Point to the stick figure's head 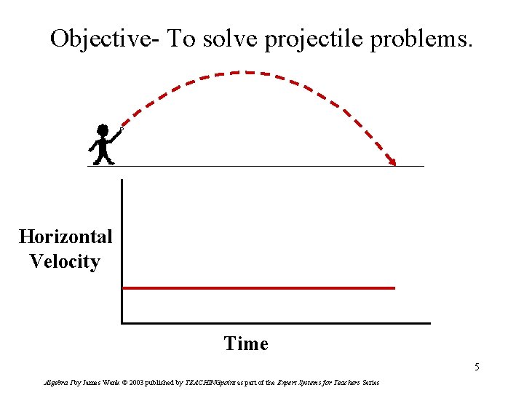103,131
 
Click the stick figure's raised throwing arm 115,135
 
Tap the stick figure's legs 103,155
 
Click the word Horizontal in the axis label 65,237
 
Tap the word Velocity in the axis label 65,261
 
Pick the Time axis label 246,344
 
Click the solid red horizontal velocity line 258,288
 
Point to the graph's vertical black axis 122,247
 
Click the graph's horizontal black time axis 277,322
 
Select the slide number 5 477,367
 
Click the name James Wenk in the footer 97,383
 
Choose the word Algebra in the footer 55,383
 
